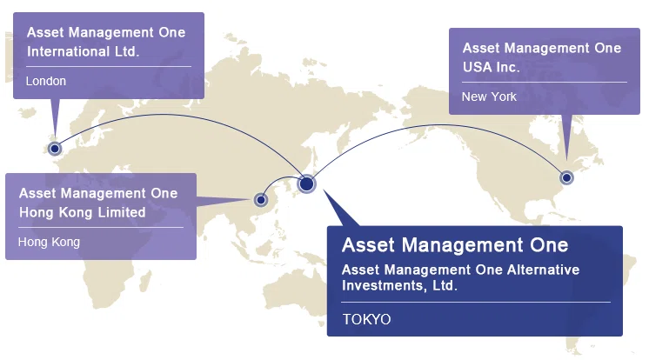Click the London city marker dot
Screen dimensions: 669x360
pos(55,149)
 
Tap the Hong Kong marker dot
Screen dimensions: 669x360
pos(261,200)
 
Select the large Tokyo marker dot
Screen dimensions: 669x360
pos(306,184)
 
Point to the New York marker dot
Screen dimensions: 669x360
pos(566,177)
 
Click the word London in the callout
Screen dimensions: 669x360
pos(46,81)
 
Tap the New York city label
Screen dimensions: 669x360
pos(489,97)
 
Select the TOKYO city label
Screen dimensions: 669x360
pos(367,319)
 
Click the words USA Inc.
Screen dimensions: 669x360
pos(491,68)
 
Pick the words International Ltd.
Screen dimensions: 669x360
pos(84,51)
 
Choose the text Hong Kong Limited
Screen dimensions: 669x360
pos(83,212)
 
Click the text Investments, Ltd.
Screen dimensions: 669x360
pos(400,285)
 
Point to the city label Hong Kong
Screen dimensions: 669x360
pos(49,243)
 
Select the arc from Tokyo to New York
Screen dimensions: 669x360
pos(439,125)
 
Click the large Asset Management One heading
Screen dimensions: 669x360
pos(455,245)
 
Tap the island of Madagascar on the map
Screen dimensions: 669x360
pos(146,280)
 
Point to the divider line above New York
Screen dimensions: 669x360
pos(545,82)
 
